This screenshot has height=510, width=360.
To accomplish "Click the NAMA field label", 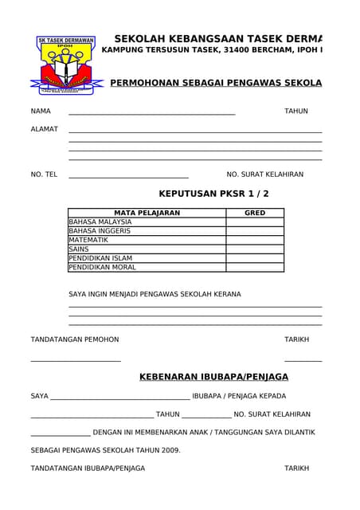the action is click(x=41, y=111).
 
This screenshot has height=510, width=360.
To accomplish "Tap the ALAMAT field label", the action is click(x=44, y=129).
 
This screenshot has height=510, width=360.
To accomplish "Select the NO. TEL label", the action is click(x=44, y=174).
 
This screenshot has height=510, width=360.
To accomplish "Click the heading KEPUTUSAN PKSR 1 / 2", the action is click(x=213, y=194).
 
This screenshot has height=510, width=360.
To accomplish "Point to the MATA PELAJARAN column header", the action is click(x=147, y=213).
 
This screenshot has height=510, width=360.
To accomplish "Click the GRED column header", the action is click(x=255, y=213).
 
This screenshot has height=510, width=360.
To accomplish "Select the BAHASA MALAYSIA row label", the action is click(x=100, y=222).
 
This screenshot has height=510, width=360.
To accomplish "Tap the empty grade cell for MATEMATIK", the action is click(x=255, y=240).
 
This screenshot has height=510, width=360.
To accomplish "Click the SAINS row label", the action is click(x=79, y=249).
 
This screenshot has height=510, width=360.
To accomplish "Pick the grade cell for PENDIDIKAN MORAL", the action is click(x=255, y=267).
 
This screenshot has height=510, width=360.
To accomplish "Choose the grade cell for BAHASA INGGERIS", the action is click(x=255, y=231).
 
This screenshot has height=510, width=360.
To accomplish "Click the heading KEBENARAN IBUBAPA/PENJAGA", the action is click(x=213, y=377).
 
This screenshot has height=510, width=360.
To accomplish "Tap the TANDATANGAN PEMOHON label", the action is click(x=75, y=339).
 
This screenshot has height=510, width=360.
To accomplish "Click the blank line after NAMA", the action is click(x=151, y=112).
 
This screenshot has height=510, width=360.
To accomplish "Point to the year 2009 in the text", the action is click(x=171, y=450).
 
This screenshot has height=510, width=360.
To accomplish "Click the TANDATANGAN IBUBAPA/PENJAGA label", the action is click(x=88, y=469).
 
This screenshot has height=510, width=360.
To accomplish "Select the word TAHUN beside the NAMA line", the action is click(x=296, y=111).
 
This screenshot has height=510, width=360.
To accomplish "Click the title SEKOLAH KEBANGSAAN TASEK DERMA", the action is click(x=218, y=39).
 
